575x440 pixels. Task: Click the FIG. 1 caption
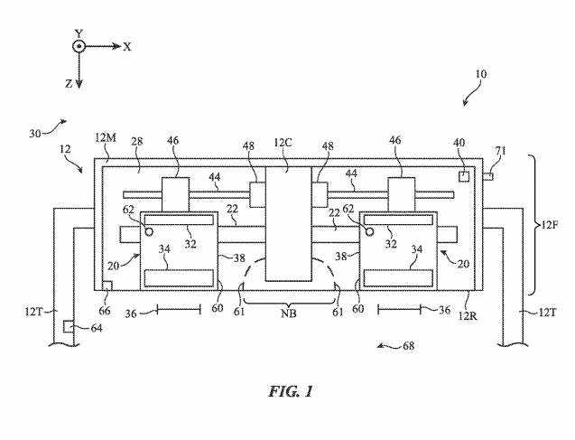point(290,392)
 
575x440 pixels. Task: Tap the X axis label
point(127,46)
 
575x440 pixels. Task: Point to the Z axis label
point(70,82)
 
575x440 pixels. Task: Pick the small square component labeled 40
point(462,176)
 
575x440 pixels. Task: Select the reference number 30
point(36,132)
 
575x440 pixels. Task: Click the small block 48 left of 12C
point(256,194)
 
